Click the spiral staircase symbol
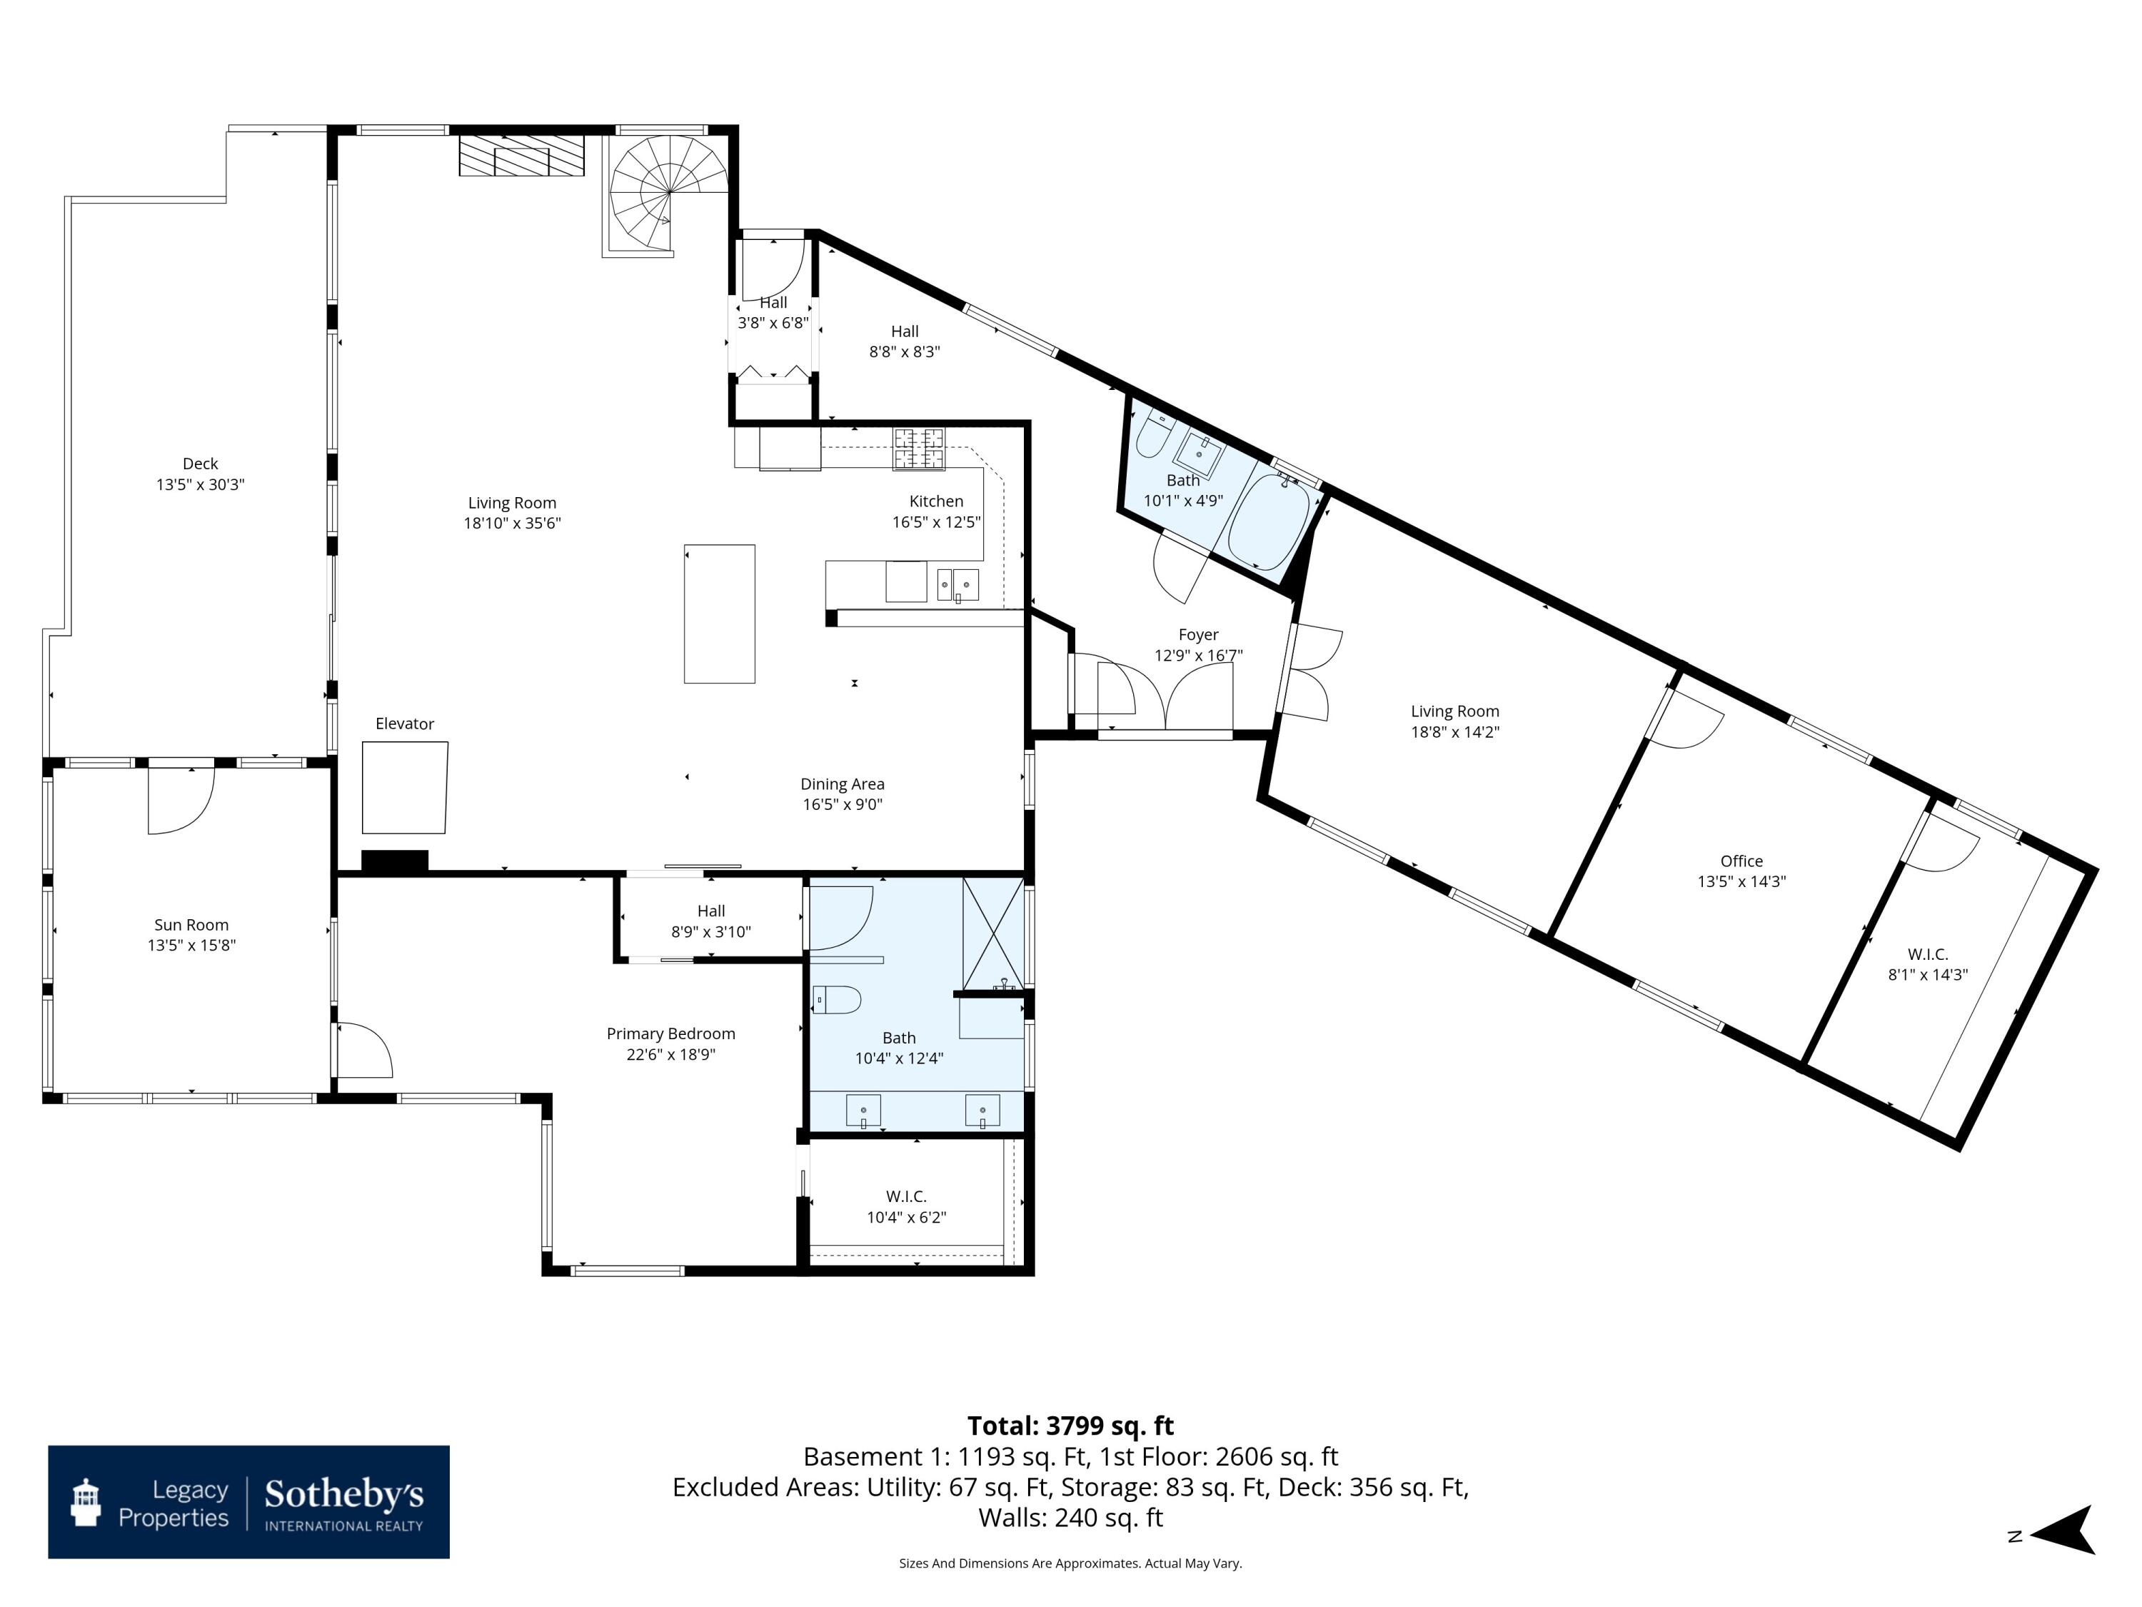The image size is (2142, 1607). tap(668, 194)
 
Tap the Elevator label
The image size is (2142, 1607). tap(405, 724)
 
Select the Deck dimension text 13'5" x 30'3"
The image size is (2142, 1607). tap(201, 484)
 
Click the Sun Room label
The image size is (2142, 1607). tap(192, 925)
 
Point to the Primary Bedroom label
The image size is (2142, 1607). tap(671, 1033)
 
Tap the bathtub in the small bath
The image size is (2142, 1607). tap(1269, 519)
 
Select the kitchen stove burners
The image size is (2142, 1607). tap(918, 449)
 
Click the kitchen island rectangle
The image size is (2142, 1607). tap(720, 614)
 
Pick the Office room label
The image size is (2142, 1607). tap(1741, 861)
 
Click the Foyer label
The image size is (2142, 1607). tap(1198, 634)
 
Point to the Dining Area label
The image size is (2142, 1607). tap(843, 784)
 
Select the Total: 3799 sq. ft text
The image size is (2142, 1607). tap(1070, 1426)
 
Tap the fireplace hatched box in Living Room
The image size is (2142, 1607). tap(522, 155)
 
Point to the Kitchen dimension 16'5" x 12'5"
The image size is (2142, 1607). tap(936, 522)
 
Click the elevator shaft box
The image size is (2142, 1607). tap(405, 788)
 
